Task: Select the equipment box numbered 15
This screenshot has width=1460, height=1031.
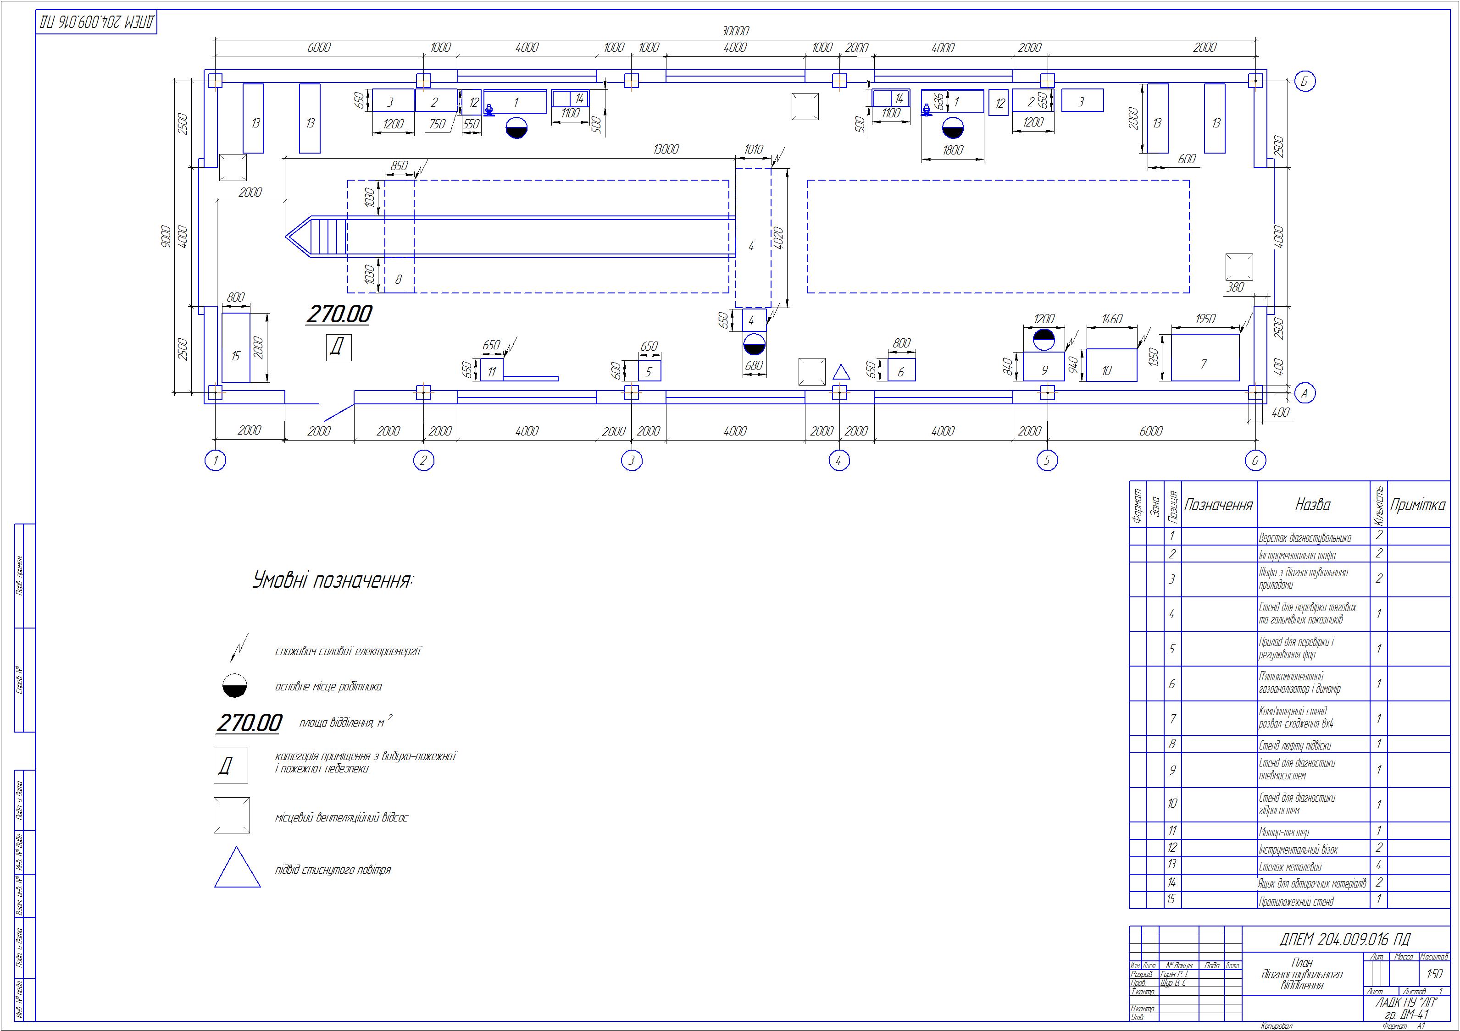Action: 236,347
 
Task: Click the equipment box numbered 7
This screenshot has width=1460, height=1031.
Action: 1205,358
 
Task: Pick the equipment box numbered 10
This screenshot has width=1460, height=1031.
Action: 1111,365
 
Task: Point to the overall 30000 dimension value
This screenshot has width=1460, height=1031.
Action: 735,31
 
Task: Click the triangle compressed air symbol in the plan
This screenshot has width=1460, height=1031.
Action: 841,372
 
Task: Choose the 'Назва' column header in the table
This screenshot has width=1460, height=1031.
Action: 1312,505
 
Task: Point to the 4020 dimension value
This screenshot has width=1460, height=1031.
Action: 777,237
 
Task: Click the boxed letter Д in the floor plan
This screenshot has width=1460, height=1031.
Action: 339,347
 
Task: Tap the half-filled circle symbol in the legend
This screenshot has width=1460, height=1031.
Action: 235,686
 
